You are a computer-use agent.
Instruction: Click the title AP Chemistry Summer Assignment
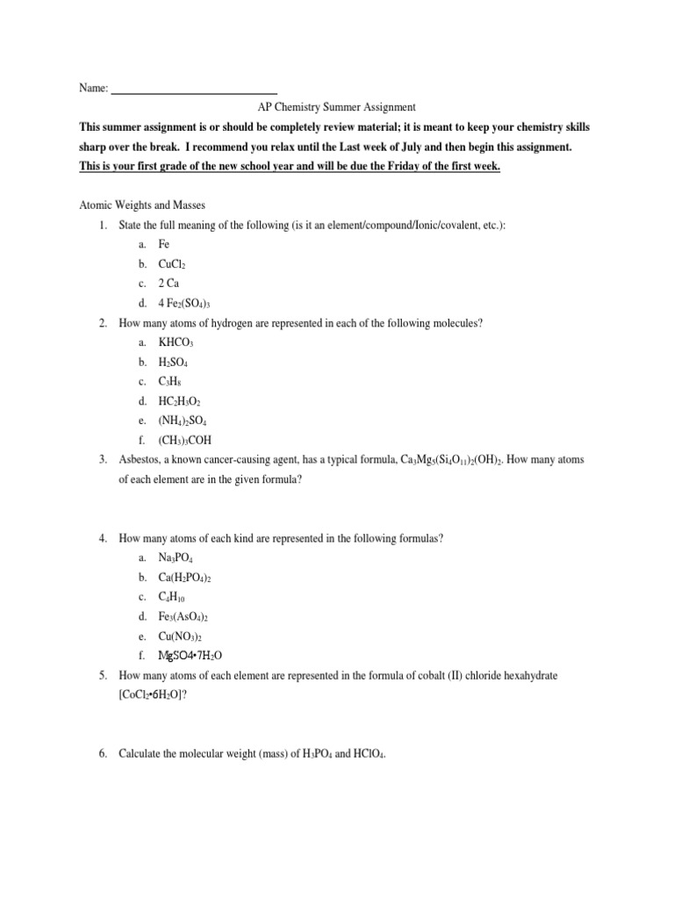(337, 107)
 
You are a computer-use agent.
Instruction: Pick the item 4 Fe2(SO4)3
(189, 304)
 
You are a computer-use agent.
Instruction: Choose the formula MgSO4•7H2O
(196, 656)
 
